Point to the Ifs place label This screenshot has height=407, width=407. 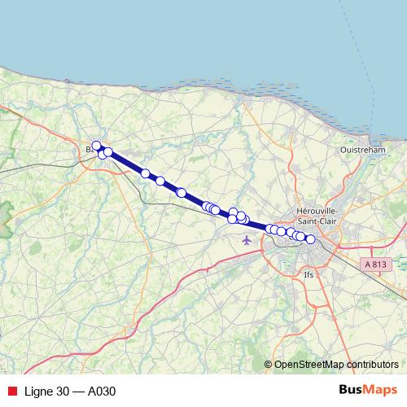(308, 275)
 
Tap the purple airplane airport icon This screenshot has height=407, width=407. (247, 239)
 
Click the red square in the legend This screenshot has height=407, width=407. (11, 391)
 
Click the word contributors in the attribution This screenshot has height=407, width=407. (371, 365)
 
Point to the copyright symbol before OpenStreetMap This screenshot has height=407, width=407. (269, 365)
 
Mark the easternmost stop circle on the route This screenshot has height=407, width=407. (310, 239)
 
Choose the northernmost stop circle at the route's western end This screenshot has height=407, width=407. (96, 146)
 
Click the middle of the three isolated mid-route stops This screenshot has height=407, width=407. (160, 181)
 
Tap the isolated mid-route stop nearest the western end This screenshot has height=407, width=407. (146, 173)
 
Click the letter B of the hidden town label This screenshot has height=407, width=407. (89, 150)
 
